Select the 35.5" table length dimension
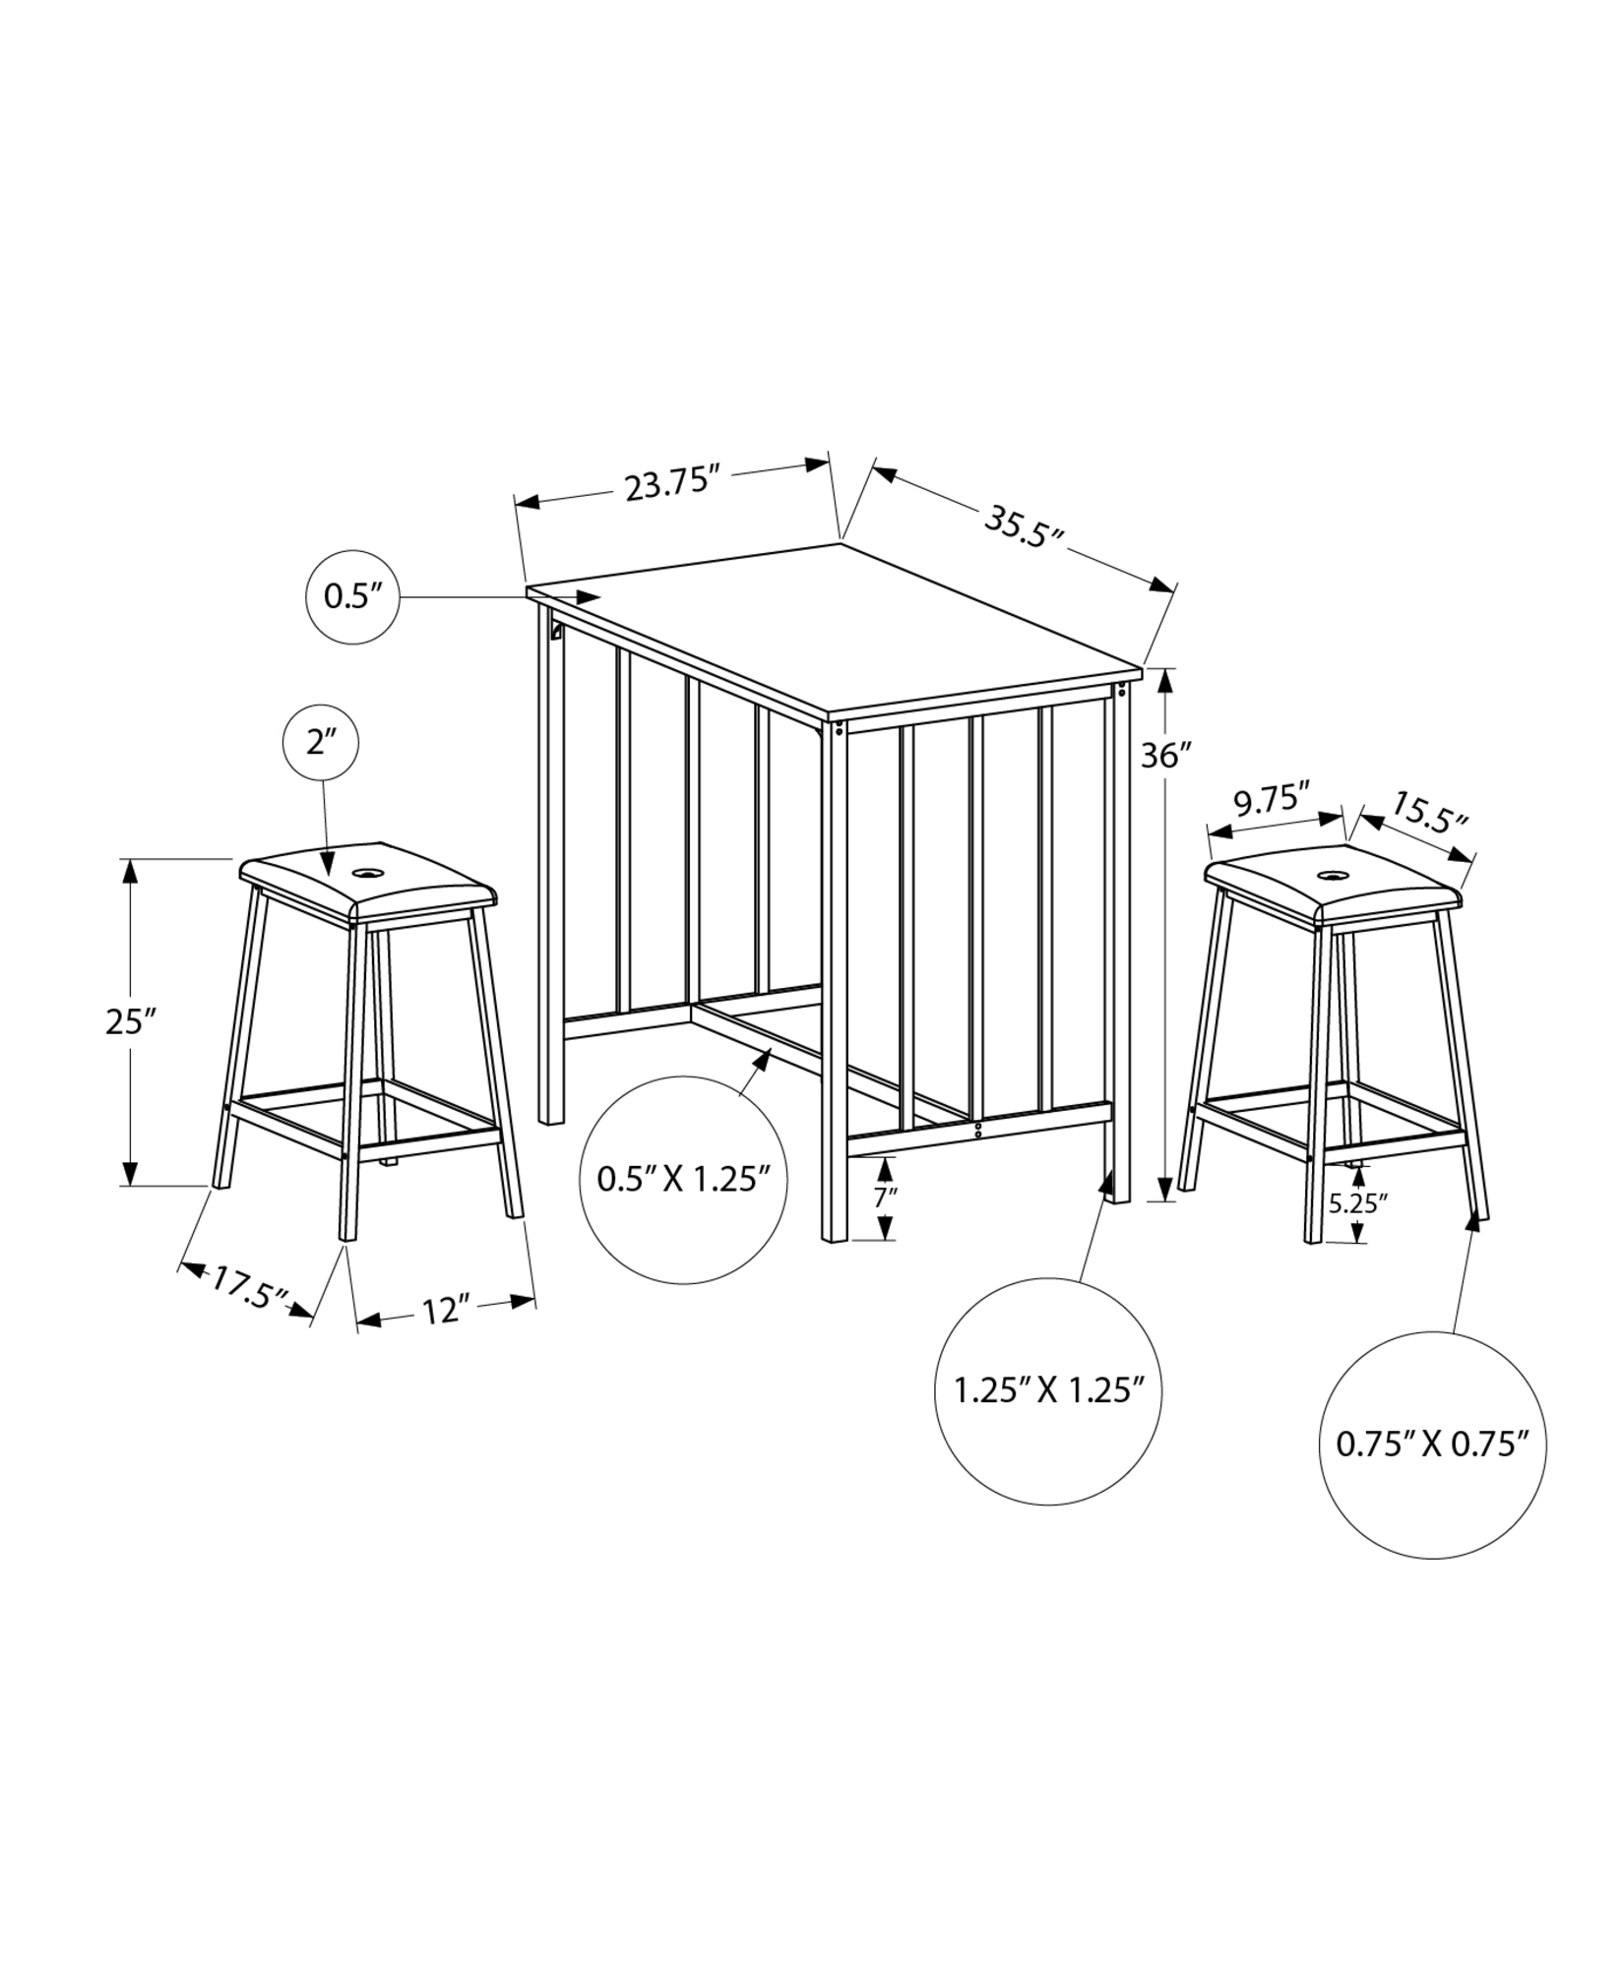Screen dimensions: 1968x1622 (1025, 526)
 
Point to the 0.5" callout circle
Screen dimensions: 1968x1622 (352, 597)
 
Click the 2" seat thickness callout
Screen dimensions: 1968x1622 (321, 743)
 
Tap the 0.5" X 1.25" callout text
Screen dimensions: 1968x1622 (682, 1179)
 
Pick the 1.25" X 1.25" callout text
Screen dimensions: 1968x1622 (1049, 1390)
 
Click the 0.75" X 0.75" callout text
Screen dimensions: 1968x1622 (1431, 1444)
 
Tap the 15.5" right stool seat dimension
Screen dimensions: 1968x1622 (1428, 812)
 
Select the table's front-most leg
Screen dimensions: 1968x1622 (835, 984)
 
